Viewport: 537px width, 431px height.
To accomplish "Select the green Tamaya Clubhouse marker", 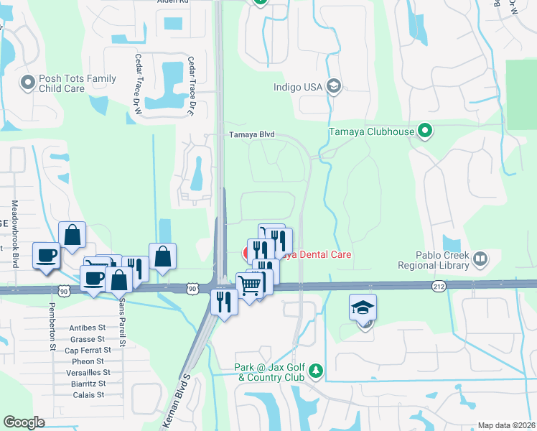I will coord(425,131).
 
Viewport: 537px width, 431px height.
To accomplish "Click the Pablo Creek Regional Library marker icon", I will coord(480,257).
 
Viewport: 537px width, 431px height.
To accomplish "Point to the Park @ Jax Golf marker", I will coord(315,371).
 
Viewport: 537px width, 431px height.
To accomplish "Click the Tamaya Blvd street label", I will coord(252,134).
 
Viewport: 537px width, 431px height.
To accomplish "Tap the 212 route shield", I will coord(439,286).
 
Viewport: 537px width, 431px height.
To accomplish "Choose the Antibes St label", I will coord(88,328).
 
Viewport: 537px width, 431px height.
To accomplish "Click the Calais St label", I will coord(90,394).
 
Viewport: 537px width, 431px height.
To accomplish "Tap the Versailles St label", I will coord(87,372).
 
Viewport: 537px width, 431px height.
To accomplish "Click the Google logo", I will coord(24,422).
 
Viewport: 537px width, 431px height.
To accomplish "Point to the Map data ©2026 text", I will coord(506,425).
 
